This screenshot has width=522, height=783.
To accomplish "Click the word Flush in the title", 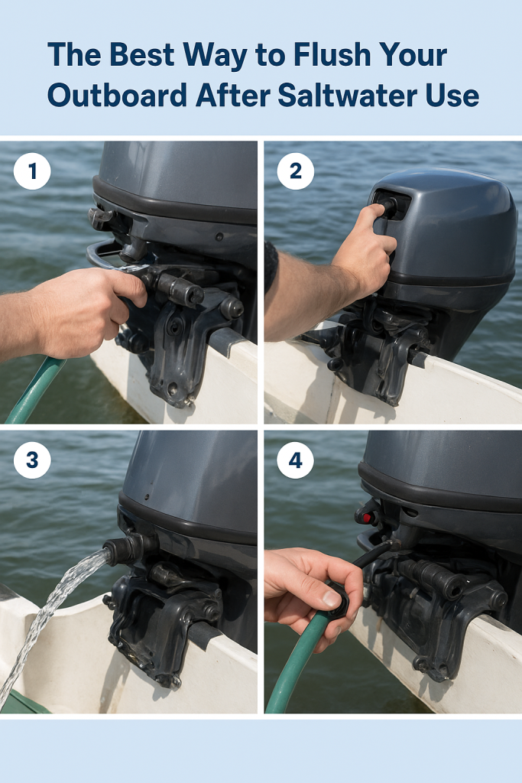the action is click(x=332, y=54).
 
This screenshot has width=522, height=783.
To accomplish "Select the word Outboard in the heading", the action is click(x=117, y=95).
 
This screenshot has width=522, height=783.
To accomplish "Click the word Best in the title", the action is click(x=142, y=54).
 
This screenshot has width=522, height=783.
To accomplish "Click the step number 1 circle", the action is click(x=32, y=171).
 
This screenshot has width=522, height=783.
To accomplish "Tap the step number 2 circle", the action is click(x=296, y=171).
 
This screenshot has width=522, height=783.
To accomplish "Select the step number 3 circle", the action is click(x=32, y=460).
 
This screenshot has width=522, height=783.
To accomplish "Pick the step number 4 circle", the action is click(x=296, y=460).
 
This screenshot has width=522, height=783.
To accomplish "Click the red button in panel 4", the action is click(x=367, y=518).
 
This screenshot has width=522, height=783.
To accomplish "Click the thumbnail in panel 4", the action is click(x=332, y=598).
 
